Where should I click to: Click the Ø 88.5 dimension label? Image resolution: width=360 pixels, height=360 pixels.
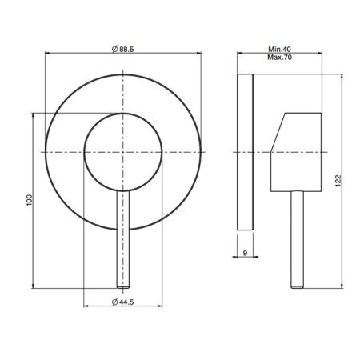coord(123,50)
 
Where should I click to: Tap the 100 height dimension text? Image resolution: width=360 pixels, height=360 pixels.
coord(29,200)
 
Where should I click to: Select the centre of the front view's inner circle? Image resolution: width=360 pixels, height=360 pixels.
coord(124,152)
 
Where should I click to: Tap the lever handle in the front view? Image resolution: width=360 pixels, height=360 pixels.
coord(124,240)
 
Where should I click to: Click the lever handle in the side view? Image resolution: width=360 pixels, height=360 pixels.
coord(300,240)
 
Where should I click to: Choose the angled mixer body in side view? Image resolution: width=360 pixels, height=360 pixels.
coord(298,152)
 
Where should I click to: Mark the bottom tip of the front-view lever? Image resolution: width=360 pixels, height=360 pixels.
coord(124,286)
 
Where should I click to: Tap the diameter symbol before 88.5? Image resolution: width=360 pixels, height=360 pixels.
coord(112,50)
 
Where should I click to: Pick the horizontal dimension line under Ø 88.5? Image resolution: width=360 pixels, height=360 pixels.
coord(123,55)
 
